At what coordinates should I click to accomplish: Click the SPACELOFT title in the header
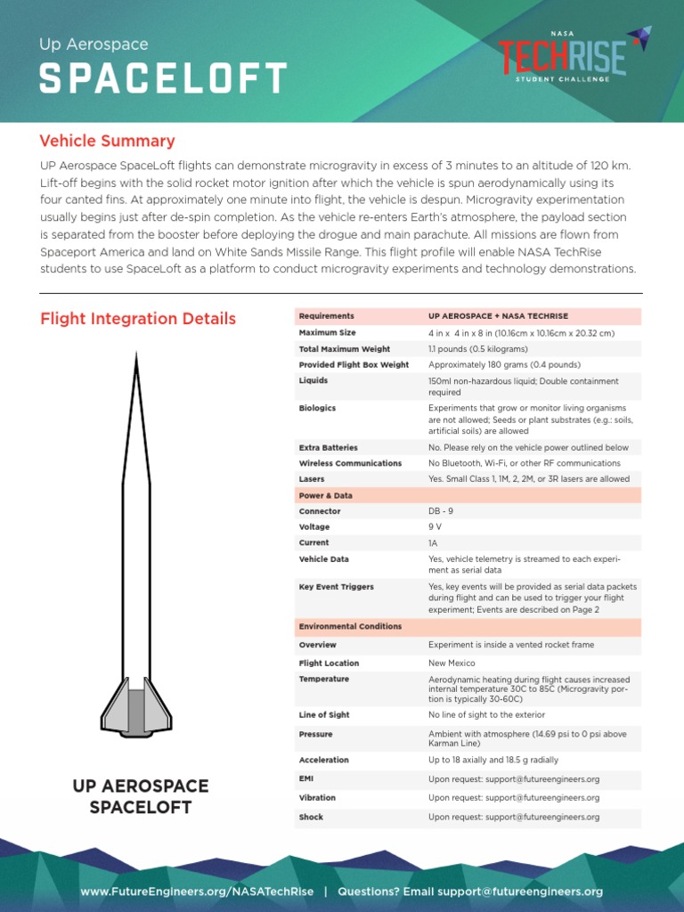pyautogui.click(x=163, y=78)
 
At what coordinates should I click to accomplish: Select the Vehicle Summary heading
pyautogui.click(x=107, y=141)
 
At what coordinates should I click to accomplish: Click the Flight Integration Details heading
pyautogui.click(x=138, y=319)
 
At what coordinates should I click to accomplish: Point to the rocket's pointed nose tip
pyautogui.click(x=136, y=356)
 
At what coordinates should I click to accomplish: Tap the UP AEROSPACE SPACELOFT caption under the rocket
pyautogui.click(x=141, y=796)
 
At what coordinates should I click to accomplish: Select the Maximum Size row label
pyautogui.click(x=327, y=333)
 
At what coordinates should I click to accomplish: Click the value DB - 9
pyautogui.click(x=441, y=511)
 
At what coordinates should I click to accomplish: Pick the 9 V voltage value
pyautogui.click(x=435, y=527)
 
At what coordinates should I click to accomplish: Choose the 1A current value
pyautogui.click(x=433, y=542)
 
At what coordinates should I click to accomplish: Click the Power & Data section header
pyautogui.click(x=325, y=495)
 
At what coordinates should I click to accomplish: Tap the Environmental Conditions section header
pyautogui.click(x=350, y=627)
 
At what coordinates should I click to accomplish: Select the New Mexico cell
pyautogui.click(x=452, y=664)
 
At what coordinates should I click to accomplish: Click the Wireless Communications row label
pyautogui.click(x=350, y=463)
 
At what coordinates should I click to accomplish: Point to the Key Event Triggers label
pyautogui.click(x=336, y=587)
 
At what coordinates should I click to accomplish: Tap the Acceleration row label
pyautogui.click(x=323, y=761)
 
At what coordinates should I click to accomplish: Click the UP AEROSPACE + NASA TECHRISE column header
pyautogui.click(x=498, y=316)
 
